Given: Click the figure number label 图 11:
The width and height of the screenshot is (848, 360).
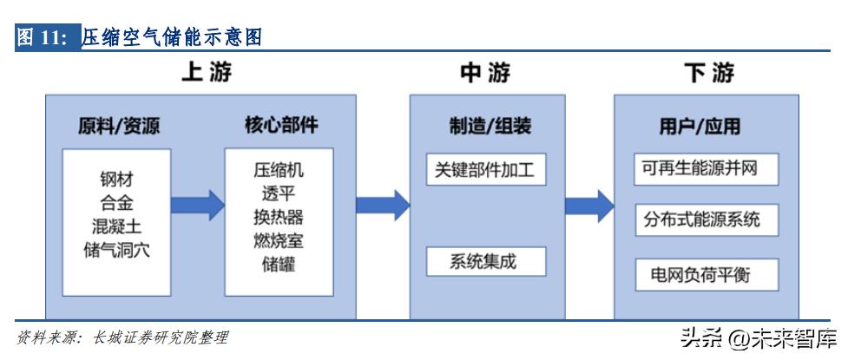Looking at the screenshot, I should [46, 37].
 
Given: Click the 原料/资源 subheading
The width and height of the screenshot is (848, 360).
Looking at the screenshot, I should [118, 127].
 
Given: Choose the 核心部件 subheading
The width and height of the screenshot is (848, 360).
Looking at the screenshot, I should [280, 127].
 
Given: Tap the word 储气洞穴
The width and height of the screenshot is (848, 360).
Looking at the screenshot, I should [116, 250].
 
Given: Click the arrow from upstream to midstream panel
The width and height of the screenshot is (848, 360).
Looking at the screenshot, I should [383, 205].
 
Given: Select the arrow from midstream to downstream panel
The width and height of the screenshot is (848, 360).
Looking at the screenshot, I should [589, 205].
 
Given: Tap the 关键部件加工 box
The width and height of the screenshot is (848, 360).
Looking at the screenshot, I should [486, 169].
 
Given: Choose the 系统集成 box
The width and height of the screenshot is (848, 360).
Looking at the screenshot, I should [486, 260].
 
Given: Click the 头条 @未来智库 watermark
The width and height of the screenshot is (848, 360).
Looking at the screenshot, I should [756, 337].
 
